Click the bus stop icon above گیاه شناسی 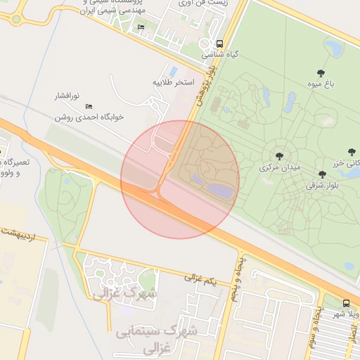coord(220,43)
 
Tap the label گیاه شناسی coord(219,53)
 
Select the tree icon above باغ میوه coord(321,72)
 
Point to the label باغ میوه coord(321,83)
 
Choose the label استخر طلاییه coord(173,82)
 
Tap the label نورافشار coord(68,94)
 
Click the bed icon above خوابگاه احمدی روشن coord(89,106)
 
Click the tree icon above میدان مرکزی coord(280,156)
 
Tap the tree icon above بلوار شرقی coord(322,174)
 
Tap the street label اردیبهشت coord(22,234)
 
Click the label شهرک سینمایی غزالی coord(157,337)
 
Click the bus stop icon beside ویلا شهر coord(345,303)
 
